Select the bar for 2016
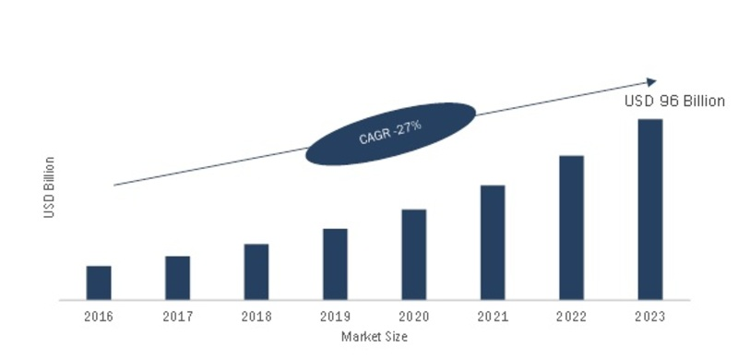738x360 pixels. (99, 282)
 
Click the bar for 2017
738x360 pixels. (177, 278)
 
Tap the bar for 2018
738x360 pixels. (256, 271)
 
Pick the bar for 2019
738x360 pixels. (335, 264)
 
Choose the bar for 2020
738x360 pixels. (413, 254)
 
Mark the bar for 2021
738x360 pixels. (493, 242)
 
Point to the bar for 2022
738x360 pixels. (571, 227)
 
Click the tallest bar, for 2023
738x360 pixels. (650, 209)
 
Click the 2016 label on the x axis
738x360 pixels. (99, 316)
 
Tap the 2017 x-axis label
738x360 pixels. (177, 316)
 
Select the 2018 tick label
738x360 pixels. (256, 316)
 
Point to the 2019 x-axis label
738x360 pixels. (335, 316)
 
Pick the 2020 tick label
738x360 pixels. (413, 316)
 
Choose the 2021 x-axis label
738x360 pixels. (493, 316)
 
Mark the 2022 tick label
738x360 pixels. (571, 316)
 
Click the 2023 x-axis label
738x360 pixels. (650, 316)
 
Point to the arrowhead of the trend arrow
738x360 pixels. (652, 82)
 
